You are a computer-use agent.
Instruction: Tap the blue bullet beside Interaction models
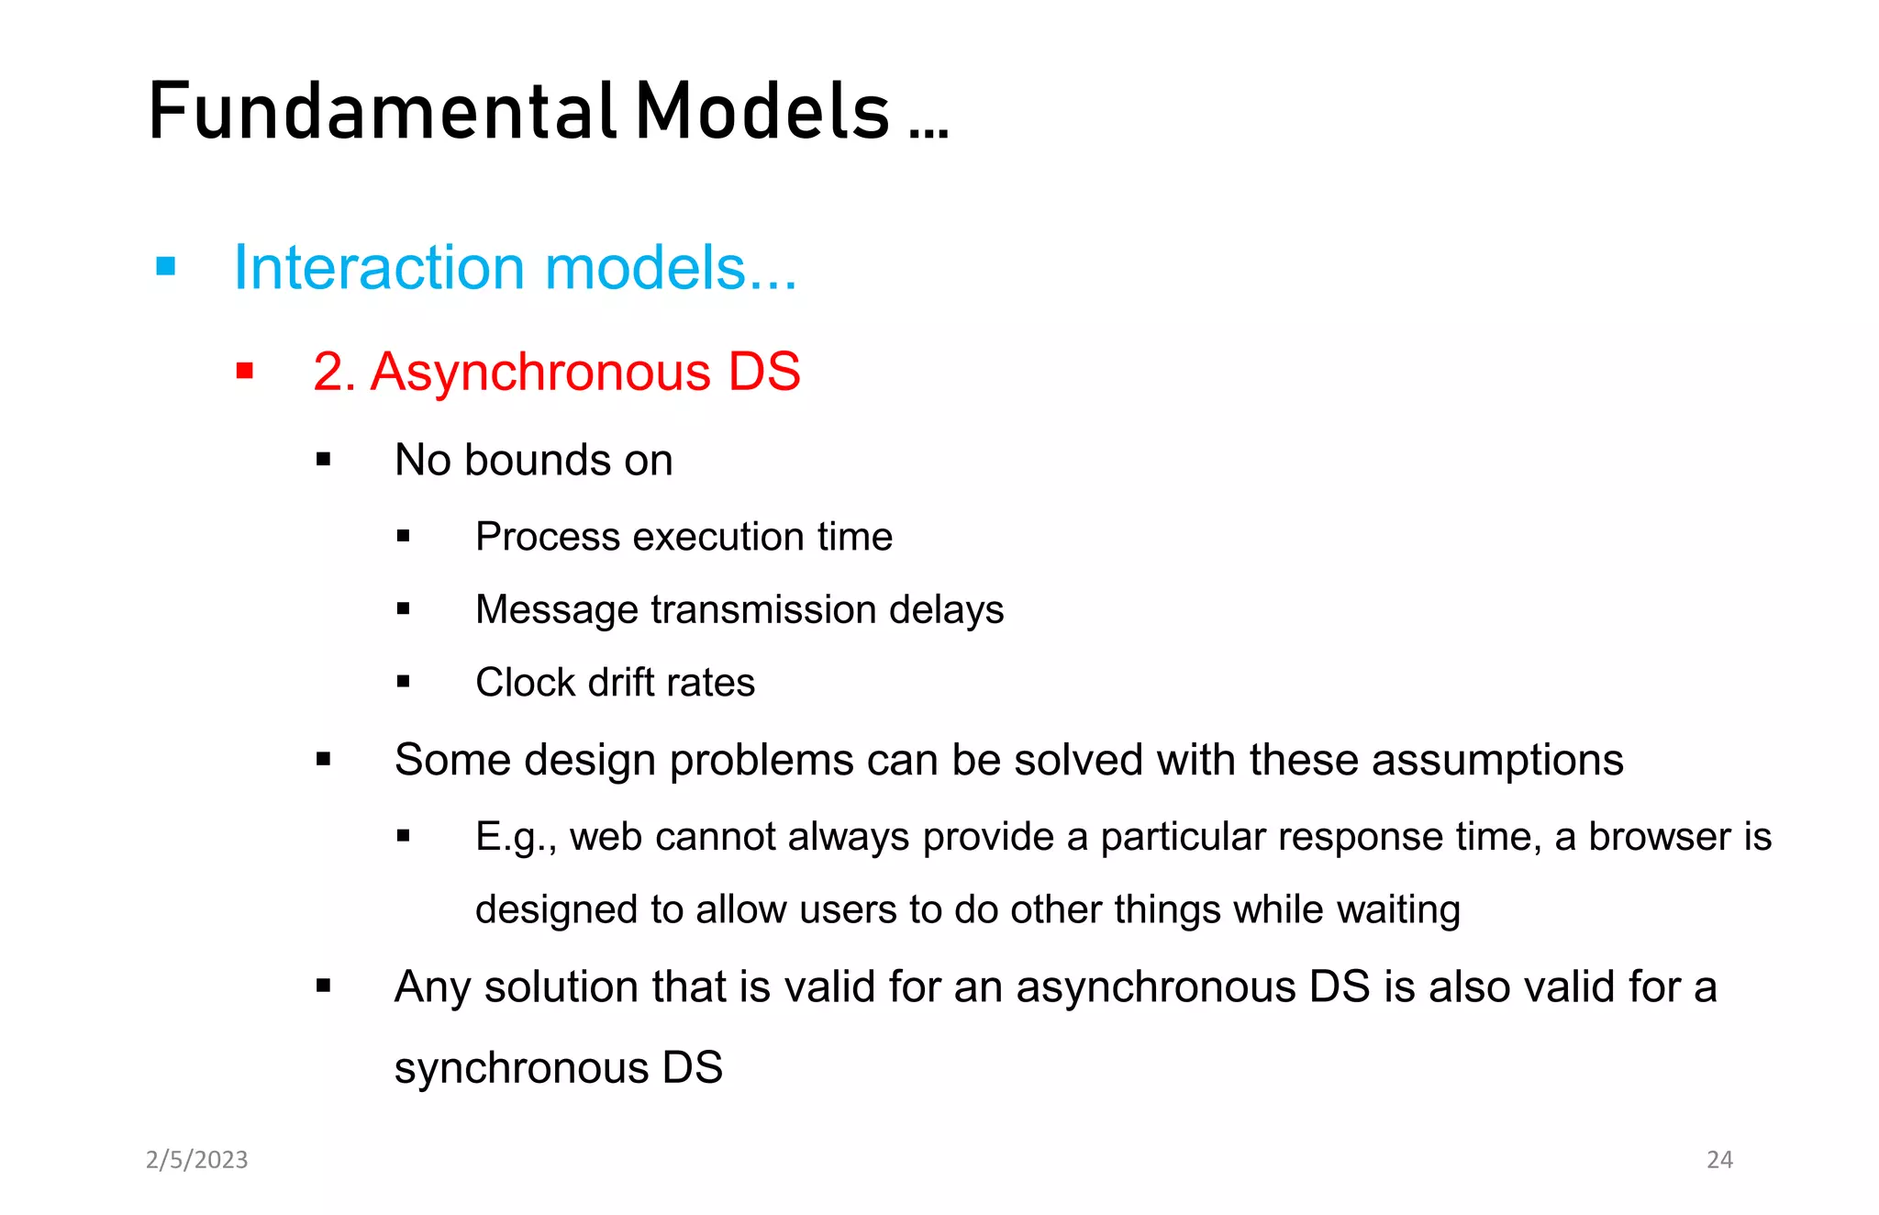pos(166,267)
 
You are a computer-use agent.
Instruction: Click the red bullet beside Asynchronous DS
pos(245,372)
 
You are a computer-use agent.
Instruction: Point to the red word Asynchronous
pos(540,373)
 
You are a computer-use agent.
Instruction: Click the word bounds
pos(537,460)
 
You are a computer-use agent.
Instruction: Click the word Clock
pos(524,683)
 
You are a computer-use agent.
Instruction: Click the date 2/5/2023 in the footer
pos(197,1160)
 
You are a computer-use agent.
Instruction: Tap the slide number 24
pos(1719,1160)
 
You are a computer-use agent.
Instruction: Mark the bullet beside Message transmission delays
pos(404,608)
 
